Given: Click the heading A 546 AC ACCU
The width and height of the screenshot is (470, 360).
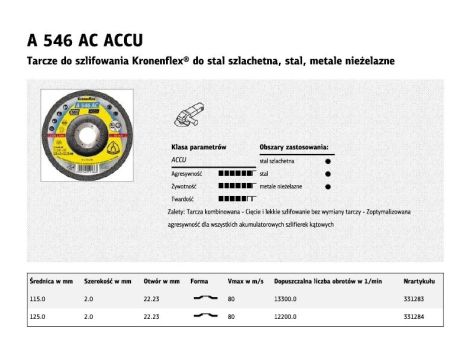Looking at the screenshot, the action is (x=85, y=40).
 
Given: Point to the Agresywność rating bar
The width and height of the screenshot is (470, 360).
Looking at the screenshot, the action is (x=235, y=172).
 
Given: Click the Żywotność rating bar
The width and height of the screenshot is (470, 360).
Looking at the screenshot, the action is (x=235, y=185).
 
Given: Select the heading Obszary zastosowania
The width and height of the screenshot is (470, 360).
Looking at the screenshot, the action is (x=293, y=146).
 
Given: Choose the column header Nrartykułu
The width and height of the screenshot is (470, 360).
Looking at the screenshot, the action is (x=418, y=281).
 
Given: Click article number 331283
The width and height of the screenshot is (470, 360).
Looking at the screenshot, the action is (x=415, y=298).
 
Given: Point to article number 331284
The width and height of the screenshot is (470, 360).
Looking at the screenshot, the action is (x=415, y=316).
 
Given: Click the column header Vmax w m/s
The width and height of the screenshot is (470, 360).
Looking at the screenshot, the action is (x=243, y=281).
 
